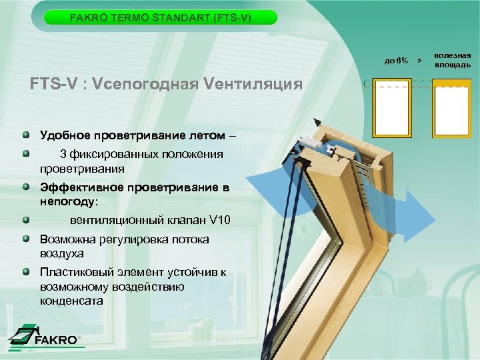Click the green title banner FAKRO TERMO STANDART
click(161, 17)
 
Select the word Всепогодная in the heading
click(140, 85)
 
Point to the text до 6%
click(396, 61)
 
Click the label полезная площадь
click(453, 60)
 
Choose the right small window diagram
click(451, 110)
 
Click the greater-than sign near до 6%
click(419, 61)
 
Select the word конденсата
click(71, 301)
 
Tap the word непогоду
click(67, 201)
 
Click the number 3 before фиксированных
click(63, 155)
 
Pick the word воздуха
click(61, 253)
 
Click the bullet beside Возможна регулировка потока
click(25, 238)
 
